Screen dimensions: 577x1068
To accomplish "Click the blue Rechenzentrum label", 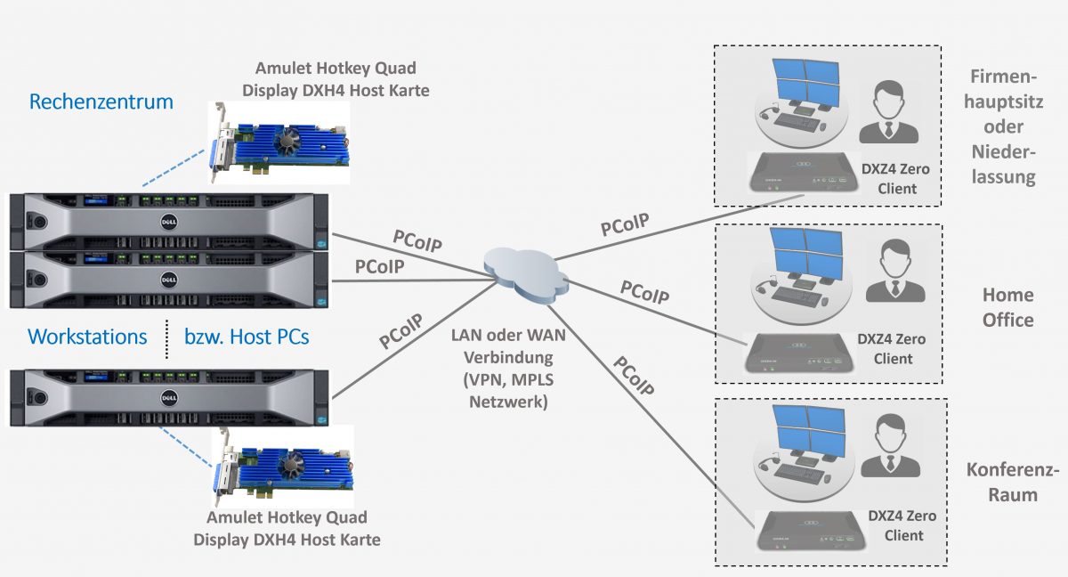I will pyautogui.click(x=101, y=102).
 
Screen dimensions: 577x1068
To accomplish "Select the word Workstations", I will pyautogui.click(x=87, y=337).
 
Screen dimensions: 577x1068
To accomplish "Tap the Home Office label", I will pyautogui.click(x=1007, y=307).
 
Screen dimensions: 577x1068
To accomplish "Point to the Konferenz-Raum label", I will pyautogui.click(x=1013, y=482).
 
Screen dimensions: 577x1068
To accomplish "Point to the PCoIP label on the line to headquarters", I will pyautogui.click(x=624, y=223).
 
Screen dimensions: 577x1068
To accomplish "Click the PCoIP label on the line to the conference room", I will pyautogui.click(x=633, y=376).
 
